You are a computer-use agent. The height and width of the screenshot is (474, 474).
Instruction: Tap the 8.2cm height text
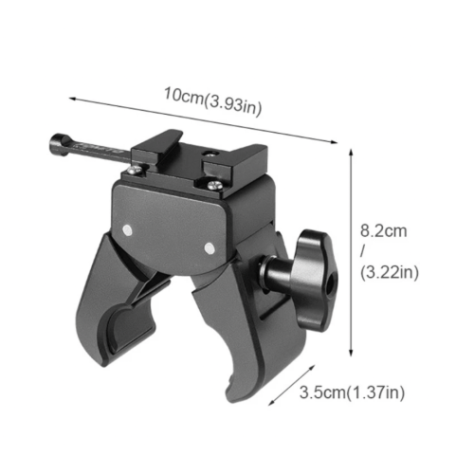pyautogui.click(x=384, y=231)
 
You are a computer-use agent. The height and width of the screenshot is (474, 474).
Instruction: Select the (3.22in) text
pyautogui.click(x=390, y=272)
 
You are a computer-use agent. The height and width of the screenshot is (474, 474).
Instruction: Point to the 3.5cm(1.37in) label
pyautogui.click(x=352, y=392)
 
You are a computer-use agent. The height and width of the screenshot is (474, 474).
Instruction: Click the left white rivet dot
pyautogui.click(x=127, y=230)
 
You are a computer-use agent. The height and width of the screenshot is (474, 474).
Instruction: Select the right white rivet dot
pyautogui.click(x=210, y=248)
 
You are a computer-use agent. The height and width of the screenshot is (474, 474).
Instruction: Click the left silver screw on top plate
pyautogui.click(x=136, y=170)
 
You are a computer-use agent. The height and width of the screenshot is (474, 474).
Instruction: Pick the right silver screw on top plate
pyautogui.click(x=215, y=185)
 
